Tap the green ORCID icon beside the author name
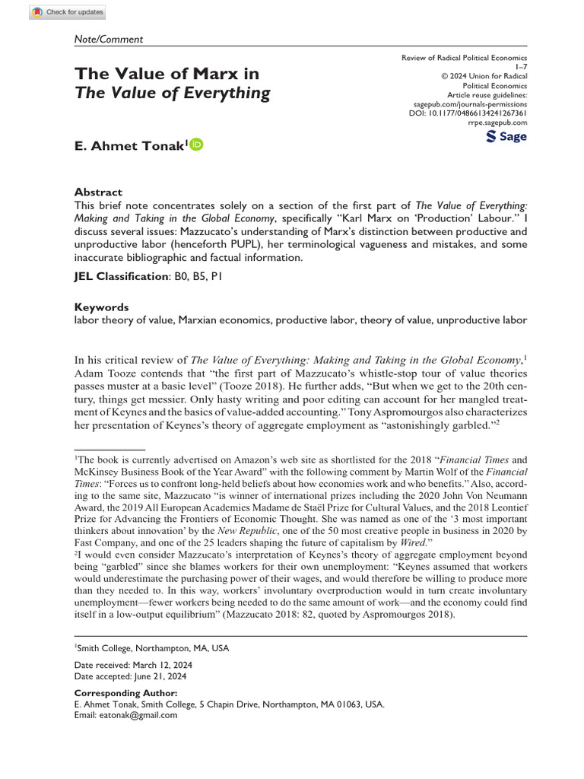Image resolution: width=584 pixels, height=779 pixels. click(x=196, y=145)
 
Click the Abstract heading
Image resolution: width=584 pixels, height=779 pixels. click(x=98, y=192)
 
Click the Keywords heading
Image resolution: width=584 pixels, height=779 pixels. click(x=101, y=307)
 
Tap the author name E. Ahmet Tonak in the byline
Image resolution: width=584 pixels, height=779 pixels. click(x=129, y=146)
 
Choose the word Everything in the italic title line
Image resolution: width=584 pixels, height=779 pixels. click(x=229, y=94)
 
